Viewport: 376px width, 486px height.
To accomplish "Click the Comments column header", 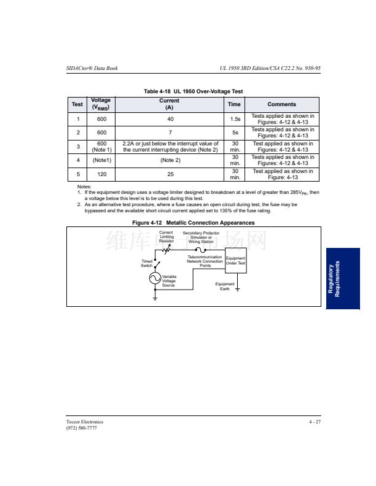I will click(281, 104).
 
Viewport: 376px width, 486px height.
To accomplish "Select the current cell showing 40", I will click(170, 118).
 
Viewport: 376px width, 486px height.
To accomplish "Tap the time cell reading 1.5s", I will click(235, 118).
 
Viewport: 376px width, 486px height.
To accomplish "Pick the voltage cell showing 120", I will click(101, 174).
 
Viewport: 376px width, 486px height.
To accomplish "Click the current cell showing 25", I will click(170, 174).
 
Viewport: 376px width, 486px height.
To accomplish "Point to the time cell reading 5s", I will click(235, 133).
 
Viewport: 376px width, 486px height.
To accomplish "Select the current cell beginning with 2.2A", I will click(170, 147).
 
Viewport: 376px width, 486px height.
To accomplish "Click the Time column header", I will click(235, 104).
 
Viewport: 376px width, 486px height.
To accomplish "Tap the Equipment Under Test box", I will click(235, 261).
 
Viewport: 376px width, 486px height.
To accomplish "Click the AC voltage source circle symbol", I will click(155, 279).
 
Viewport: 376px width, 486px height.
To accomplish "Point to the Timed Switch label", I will click(146, 263).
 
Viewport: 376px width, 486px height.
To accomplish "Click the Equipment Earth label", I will click(225, 286).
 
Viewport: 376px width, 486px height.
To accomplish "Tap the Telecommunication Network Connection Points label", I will click(205, 261).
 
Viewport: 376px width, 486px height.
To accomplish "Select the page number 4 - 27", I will click(315, 422).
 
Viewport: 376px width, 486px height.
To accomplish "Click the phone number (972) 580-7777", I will click(81, 428).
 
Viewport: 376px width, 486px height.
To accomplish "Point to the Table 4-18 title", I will click(193, 91).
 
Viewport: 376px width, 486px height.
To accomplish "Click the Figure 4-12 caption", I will click(193, 223).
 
